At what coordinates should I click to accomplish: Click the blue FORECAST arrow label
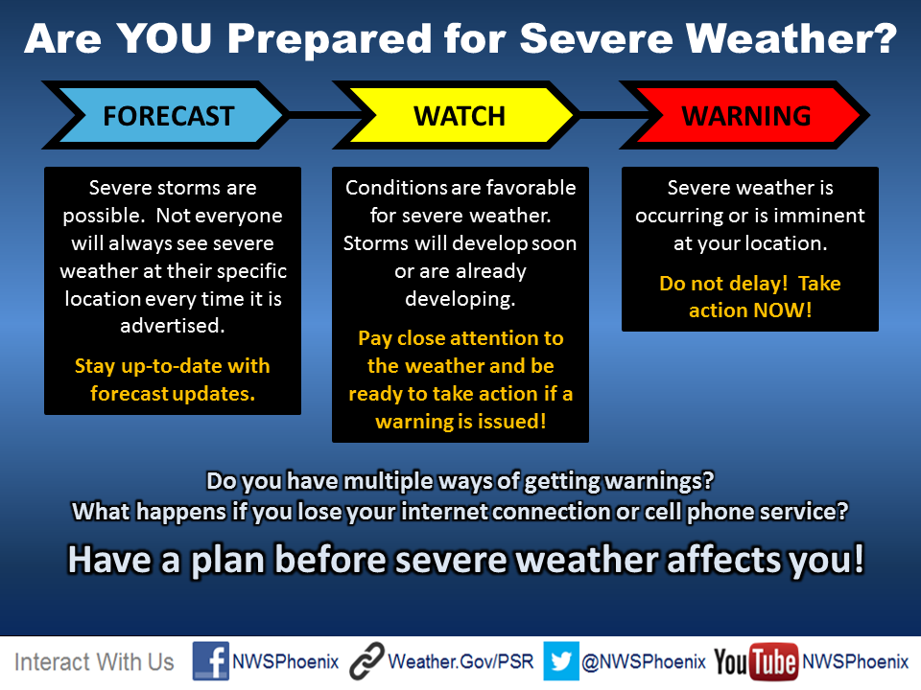(169, 115)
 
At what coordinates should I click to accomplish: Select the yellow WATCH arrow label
(459, 115)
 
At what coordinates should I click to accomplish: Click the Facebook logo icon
(211, 661)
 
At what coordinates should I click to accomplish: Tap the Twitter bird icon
(561, 661)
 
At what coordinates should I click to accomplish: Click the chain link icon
(367, 661)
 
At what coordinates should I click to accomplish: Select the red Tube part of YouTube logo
(773, 662)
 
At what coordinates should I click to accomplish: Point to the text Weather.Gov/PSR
(460, 662)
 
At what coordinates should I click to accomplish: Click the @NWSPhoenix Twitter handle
(644, 662)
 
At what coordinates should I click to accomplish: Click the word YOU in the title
(164, 38)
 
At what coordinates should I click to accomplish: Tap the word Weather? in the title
(791, 38)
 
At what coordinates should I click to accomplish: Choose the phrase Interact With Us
(94, 662)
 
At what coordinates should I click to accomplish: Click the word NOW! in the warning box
(783, 310)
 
